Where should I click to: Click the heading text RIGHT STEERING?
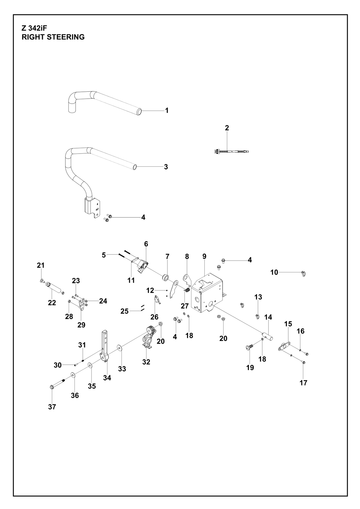point(53,37)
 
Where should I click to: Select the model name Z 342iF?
point(34,28)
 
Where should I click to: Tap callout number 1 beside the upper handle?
point(167,110)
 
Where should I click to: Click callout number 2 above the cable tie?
point(227,128)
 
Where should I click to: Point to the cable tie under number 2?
point(231,151)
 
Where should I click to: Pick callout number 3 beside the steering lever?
point(166,167)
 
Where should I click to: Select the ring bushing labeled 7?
point(166,278)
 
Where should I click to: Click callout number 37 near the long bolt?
point(52,407)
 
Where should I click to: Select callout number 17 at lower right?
point(303,383)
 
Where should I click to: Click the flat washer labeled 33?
point(119,347)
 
